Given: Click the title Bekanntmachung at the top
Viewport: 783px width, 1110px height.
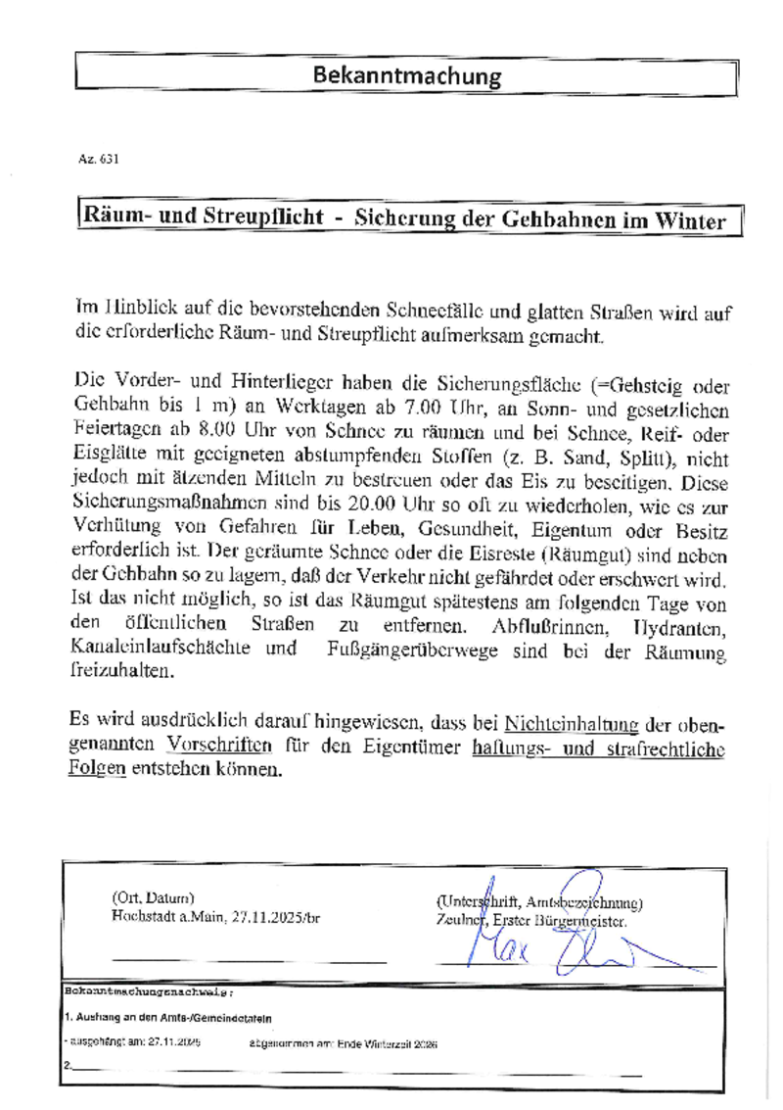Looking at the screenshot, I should [406, 75].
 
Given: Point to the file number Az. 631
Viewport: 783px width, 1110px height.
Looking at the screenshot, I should [98, 159].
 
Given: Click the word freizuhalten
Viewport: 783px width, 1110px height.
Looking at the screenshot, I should [122, 672].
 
